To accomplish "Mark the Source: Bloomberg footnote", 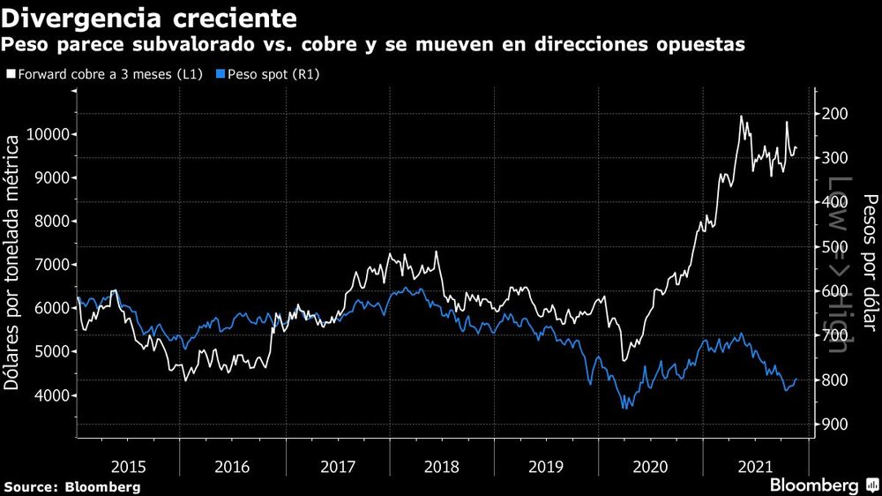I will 71,486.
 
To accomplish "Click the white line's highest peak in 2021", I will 741,116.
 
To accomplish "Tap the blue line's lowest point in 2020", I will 624,407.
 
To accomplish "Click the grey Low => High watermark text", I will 836,265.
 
